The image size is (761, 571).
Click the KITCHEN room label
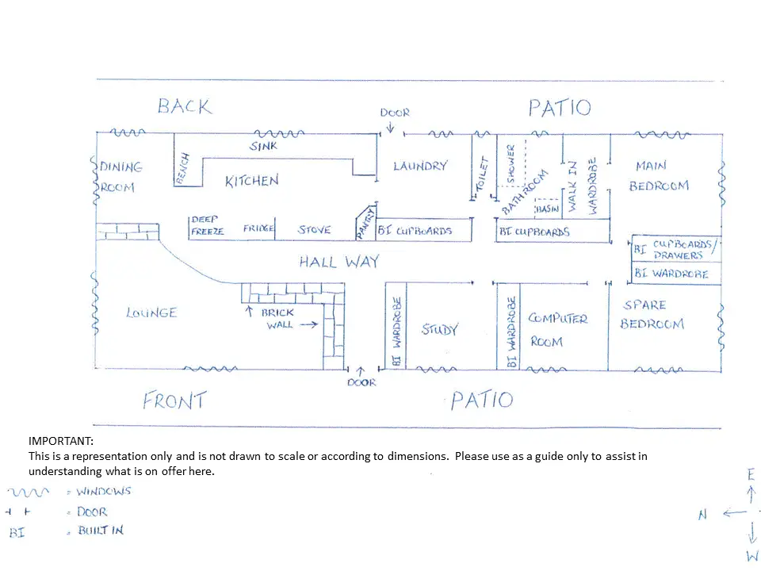click(251, 181)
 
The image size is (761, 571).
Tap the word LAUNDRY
click(420, 166)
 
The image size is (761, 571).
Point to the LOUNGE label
click(151, 312)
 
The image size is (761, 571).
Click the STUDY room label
click(439, 329)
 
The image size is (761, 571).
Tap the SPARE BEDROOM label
click(652, 315)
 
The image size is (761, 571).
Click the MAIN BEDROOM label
click(658, 176)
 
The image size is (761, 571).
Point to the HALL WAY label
click(338, 262)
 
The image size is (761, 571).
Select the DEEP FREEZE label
click(208, 225)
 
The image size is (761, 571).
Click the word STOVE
click(314, 230)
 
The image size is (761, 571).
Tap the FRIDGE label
click(258, 229)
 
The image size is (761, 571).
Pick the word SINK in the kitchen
click(263, 147)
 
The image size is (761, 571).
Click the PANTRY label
click(365, 222)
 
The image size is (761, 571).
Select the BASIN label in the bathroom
click(548, 209)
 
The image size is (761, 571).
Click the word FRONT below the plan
click(174, 400)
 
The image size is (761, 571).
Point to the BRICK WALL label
click(277, 318)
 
